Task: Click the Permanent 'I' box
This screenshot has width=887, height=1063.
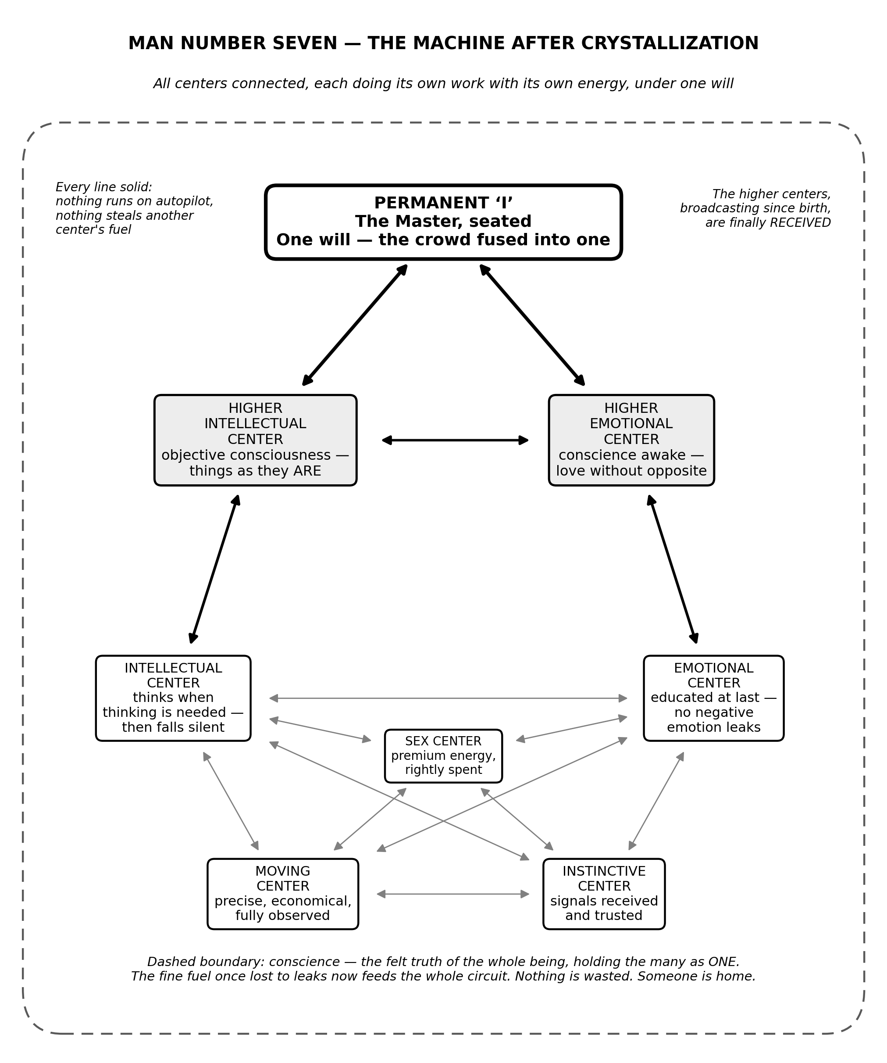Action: [443, 222]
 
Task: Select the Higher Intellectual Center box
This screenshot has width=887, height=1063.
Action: [256, 440]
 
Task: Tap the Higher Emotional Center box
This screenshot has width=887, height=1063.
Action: [631, 440]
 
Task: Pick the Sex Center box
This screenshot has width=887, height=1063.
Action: [443, 756]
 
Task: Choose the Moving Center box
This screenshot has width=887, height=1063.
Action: [283, 894]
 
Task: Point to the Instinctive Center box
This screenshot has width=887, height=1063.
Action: [604, 894]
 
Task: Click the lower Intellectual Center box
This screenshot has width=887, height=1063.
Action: [173, 698]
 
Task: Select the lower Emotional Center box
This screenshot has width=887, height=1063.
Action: [713, 698]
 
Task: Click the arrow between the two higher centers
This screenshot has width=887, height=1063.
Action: [456, 440]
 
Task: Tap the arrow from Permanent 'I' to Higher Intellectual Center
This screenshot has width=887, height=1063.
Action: [355, 325]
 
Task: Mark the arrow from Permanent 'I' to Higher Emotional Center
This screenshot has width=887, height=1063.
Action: [532, 325]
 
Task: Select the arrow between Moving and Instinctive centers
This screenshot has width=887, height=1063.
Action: [453, 894]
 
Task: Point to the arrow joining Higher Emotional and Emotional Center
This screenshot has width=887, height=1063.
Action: [673, 569]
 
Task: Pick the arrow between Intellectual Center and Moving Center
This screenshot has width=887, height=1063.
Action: [231, 801]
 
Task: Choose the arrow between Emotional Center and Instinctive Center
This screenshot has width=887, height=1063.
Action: [656, 801]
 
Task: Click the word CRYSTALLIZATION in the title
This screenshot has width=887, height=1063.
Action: [670, 43]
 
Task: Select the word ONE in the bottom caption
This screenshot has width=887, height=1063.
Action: [724, 962]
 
